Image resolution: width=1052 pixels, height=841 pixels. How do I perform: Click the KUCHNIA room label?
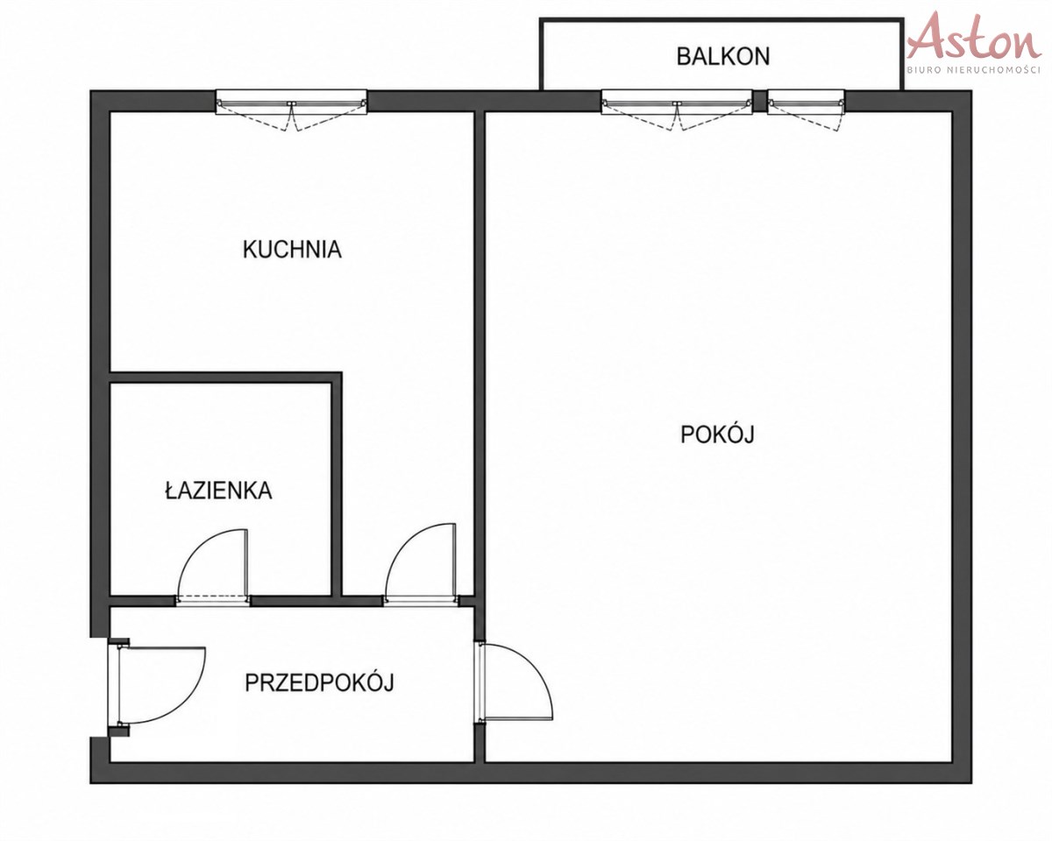292,250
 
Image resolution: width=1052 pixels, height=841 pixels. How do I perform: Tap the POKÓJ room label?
717,434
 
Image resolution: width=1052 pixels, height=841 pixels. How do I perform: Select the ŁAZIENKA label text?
218,490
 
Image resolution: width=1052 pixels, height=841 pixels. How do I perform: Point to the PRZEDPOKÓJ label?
319,682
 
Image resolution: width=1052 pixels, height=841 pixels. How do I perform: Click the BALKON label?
723,57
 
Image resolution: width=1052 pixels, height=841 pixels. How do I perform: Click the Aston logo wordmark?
974,38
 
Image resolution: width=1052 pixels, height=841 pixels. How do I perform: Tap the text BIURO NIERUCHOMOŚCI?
974,70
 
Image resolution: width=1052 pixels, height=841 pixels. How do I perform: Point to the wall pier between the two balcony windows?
760,101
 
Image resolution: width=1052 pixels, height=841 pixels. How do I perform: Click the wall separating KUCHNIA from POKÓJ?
480,353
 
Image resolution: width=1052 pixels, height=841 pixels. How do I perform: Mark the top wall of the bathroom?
226,378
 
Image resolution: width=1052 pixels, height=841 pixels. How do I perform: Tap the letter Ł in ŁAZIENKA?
171,490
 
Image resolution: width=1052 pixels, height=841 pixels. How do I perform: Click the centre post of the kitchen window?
292,104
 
